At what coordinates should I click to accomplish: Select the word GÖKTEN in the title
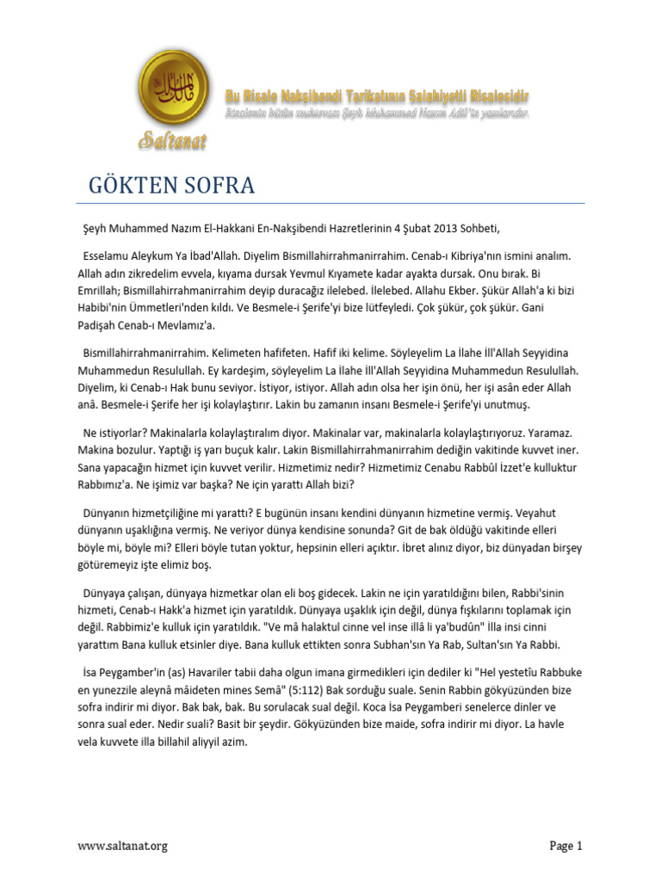[x=130, y=185]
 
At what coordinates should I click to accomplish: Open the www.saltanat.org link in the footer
[x=122, y=846]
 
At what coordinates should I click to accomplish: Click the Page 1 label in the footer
[x=566, y=846]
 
